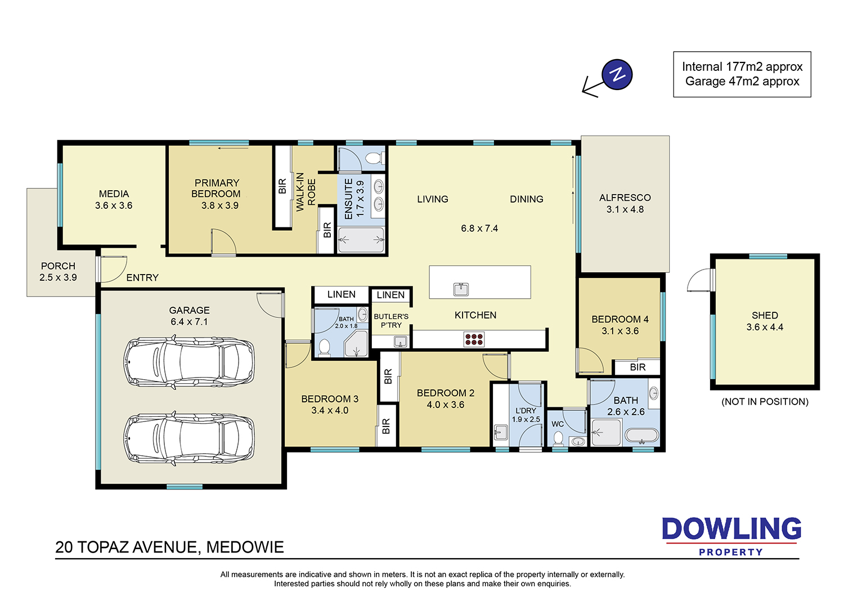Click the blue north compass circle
pos(617,74)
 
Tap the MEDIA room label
pos(114,194)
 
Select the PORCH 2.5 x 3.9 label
pos(58,272)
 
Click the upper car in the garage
pos(188,362)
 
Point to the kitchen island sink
pos(461,289)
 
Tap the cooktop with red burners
pos(474,339)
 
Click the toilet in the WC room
pos(558,438)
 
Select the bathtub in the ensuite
pos(361,240)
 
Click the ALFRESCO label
pos(625,198)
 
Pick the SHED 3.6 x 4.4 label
pos(765,321)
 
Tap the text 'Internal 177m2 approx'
pos(742,67)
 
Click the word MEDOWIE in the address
pos(245,547)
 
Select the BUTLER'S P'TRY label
pos(391,321)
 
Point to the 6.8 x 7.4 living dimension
pos(479,228)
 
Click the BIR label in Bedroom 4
pos(638,367)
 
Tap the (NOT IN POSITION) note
pos(765,402)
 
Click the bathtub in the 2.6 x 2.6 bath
pos(641,436)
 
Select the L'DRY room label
pos(526,411)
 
